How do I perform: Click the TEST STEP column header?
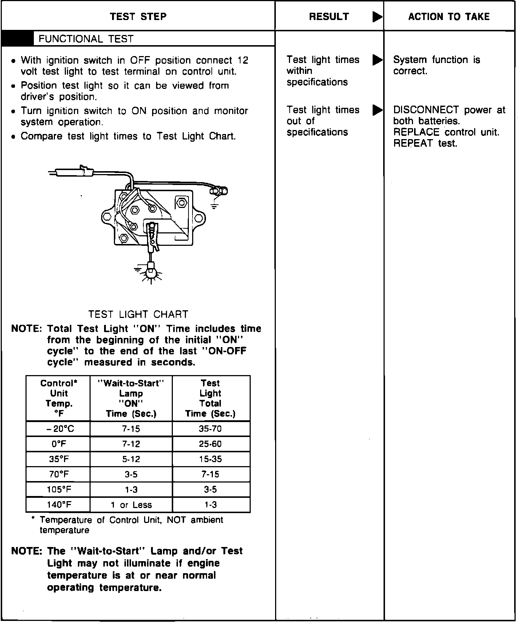point(138,17)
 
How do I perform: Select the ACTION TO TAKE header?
point(449,17)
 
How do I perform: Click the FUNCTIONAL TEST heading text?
point(86,39)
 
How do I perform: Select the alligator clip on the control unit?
point(152,237)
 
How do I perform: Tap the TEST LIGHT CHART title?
point(138,314)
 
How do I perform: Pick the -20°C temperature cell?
point(58,429)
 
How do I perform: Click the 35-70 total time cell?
point(210,429)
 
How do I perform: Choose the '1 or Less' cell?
point(131,505)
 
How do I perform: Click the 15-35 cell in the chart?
point(210,460)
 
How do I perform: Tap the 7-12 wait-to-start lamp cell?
point(131,444)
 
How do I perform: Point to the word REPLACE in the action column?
point(416,132)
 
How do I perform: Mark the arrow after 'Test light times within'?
point(377,60)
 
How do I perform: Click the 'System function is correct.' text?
point(436,65)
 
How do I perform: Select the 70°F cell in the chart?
point(58,475)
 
